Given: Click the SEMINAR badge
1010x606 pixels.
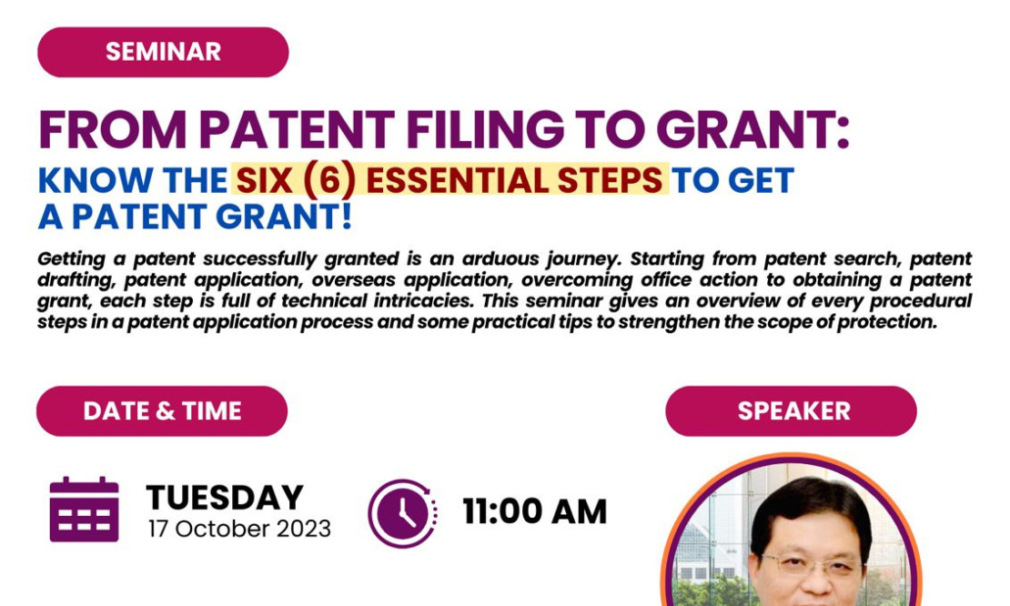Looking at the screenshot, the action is point(163,52).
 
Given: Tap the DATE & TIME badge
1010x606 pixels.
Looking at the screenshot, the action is point(162,411).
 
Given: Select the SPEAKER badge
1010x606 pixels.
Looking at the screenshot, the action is point(791,411).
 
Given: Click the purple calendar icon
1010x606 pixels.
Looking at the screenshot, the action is point(84,510).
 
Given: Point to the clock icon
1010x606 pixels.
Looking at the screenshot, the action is point(402,513).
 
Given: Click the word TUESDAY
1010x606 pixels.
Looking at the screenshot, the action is point(225,497).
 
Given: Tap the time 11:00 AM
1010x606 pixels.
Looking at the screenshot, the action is point(535,512).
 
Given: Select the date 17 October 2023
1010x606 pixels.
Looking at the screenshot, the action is point(239,529).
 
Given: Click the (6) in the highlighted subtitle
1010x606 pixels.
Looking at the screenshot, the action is point(328,179).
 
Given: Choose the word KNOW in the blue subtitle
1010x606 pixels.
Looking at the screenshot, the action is point(96,180).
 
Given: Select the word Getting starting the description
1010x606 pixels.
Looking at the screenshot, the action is point(71,259).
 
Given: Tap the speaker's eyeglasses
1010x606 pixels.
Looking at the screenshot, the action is point(812,565).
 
